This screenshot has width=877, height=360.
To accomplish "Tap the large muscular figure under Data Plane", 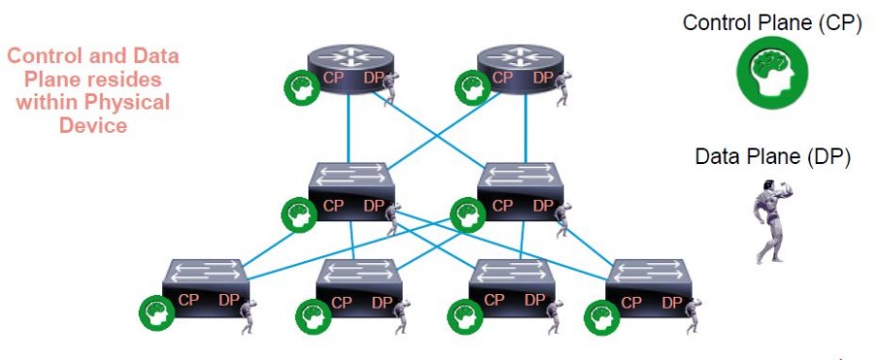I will (772, 222).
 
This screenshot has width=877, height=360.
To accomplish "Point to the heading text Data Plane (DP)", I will (773, 156).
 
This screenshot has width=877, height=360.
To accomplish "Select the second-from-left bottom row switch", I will (360, 287).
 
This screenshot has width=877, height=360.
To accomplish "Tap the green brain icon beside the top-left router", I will (300, 88).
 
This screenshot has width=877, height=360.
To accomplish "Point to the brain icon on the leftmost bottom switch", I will (155, 314).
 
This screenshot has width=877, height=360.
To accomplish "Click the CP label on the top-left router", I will (333, 78).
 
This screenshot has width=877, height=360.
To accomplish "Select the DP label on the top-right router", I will (542, 78).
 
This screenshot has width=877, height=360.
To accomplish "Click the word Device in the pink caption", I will (93, 125).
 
